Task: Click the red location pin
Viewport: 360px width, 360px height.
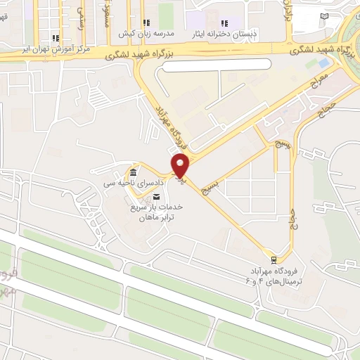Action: click(181, 165)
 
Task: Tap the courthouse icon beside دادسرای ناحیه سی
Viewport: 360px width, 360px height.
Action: click(133, 173)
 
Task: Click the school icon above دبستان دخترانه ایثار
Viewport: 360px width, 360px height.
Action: click(225, 23)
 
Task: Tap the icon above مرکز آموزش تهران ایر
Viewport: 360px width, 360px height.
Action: click(56, 38)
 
